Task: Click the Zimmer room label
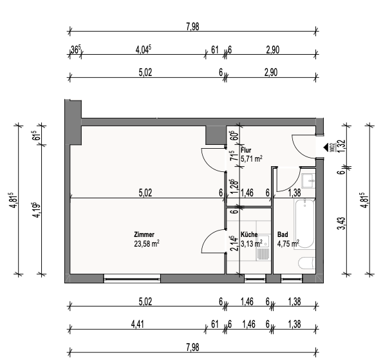pos(144,234)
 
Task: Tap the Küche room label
pos(249,234)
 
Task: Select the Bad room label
pos(283,234)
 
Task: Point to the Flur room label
pos(246,150)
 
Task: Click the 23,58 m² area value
pos(147,243)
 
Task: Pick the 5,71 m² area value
pos(252,159)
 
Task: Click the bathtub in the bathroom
pos(304,224)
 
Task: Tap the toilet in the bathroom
pos(307,263)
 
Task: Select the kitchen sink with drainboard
pos(263,247)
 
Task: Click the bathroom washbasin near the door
pos(308,181)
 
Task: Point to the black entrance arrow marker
pos(326,147)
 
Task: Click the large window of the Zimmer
pos(132,278)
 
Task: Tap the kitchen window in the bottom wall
pos(255,278)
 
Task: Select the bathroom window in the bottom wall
pos(292,278)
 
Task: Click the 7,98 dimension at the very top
pos(192,26)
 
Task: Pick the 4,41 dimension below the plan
pos(137,325)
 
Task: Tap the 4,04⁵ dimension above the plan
pos(144,50)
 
